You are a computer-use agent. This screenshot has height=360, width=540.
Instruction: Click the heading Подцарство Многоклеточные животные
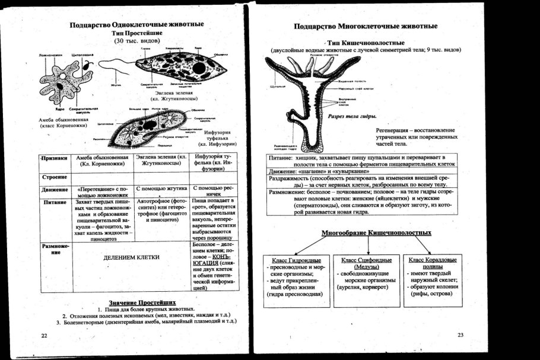366,27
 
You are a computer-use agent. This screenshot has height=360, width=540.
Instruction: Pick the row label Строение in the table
53,177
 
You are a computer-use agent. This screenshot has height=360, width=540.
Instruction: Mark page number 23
460,336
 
